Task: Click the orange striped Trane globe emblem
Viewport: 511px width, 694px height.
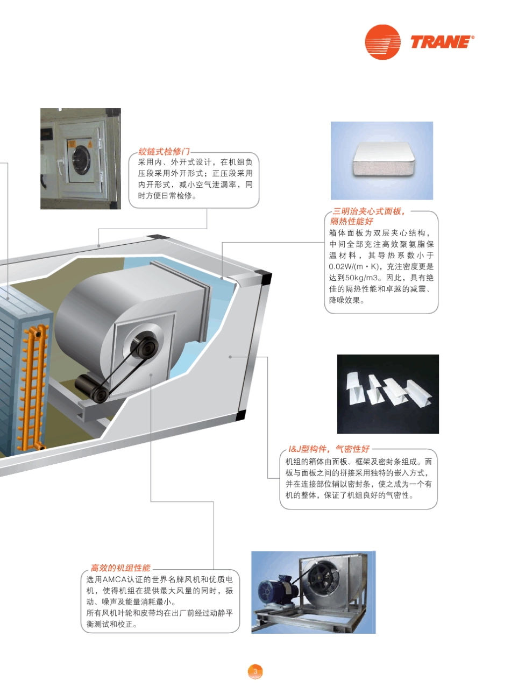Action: coord(382,42)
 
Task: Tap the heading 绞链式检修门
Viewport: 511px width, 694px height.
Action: coord(164,152)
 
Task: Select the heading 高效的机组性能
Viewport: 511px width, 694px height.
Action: coord(120,568)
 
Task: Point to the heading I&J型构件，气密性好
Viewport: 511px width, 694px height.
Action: coord(329,449)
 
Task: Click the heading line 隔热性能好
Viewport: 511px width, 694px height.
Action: coord(351,221)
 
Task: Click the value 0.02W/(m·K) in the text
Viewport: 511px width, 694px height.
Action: coord(353,266)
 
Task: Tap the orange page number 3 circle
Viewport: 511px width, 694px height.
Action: coord(255,672)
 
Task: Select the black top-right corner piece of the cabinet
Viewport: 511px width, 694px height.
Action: coord(266,277)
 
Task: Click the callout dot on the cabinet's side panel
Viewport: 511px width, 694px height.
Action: coord(230,357)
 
